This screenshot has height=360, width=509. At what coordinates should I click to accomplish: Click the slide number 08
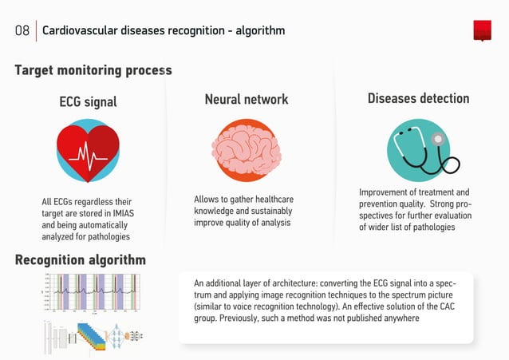[22, 31]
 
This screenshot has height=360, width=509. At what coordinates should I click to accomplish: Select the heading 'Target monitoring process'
[93, 70]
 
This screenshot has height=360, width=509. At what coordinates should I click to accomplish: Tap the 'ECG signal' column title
[88, 101]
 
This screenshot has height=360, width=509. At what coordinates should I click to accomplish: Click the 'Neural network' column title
[247, 100]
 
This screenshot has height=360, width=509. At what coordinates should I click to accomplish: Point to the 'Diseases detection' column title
[418, 99]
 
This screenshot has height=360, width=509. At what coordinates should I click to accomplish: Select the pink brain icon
[247, 150]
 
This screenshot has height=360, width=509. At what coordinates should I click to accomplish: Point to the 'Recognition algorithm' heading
[81, 259]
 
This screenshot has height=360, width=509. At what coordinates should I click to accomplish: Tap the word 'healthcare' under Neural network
[273, 199]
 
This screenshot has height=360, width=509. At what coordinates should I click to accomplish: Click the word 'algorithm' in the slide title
[259, 31]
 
